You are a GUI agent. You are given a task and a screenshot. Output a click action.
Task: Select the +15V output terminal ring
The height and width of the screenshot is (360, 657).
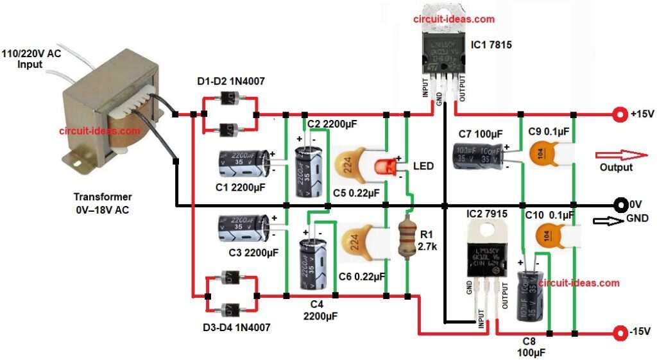[x=620, y=115]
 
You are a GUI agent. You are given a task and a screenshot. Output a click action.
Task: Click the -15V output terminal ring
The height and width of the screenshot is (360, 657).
[x=620, y=333]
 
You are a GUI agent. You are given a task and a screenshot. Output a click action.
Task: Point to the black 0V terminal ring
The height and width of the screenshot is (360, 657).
[x=620, y=205]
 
